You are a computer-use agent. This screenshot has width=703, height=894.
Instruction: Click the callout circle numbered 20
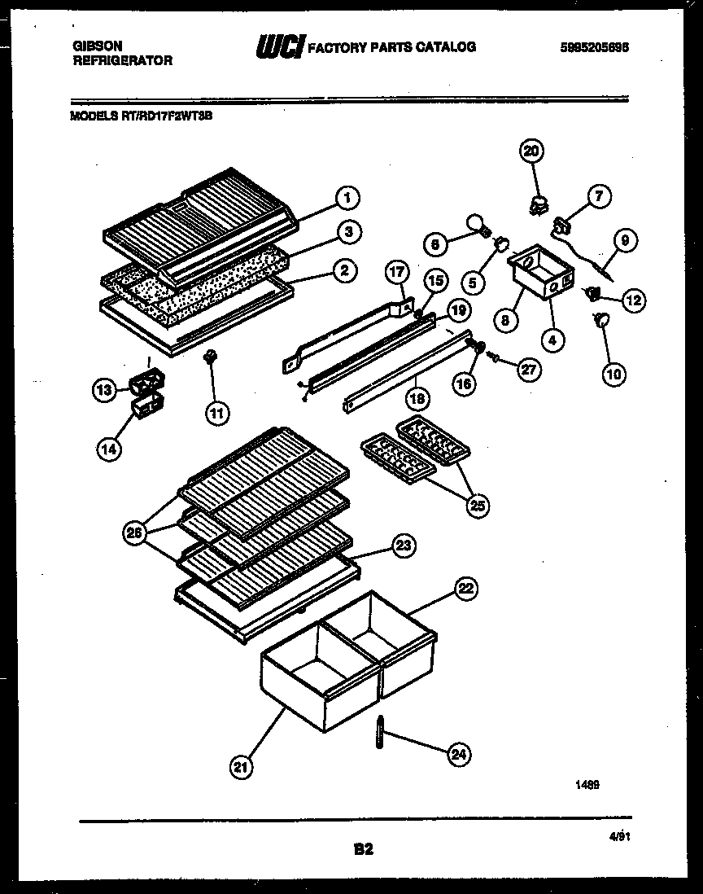(531, 151)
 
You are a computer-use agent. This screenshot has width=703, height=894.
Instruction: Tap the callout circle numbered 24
(459, 755)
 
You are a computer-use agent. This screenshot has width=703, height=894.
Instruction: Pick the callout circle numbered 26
(134, 533)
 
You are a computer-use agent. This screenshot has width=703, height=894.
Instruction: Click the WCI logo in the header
(279, 49)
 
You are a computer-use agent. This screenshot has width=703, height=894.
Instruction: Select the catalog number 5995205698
(594, 47)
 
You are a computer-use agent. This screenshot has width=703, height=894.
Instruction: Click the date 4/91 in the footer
(622, 835)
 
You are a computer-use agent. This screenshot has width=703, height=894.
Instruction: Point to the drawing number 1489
(588, 785)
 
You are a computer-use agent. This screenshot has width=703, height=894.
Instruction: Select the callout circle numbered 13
(103, 391)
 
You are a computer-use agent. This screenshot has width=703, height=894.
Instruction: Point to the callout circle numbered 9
(626, 240)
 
